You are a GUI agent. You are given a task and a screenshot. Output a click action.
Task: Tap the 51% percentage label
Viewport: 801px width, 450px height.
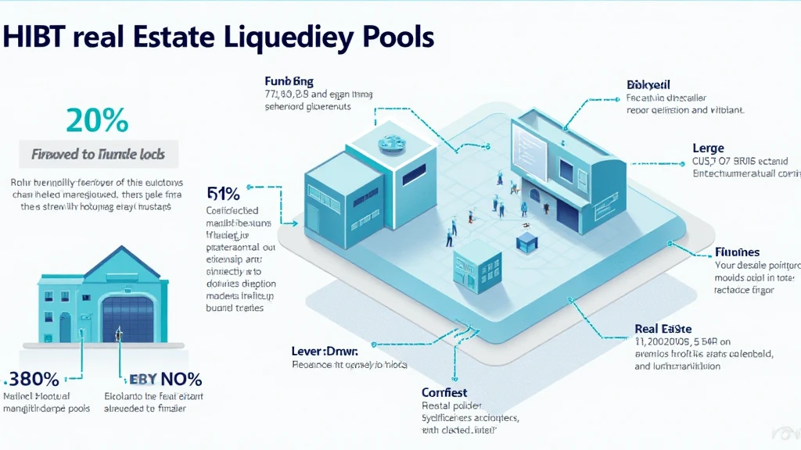[224, 193]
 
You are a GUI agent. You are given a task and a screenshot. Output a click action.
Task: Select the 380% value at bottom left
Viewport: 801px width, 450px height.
[33, 380]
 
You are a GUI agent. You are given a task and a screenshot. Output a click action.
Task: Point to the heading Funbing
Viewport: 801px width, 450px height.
[289, 80]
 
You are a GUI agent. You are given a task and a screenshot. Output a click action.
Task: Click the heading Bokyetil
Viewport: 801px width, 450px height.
[648, 84]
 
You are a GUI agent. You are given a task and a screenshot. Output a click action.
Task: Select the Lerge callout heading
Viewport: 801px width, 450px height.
[708, 148]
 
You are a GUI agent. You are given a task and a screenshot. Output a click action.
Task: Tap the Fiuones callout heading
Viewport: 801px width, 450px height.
[738, 252]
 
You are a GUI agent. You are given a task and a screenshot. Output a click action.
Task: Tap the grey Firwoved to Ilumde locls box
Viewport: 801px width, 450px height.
[98, 154]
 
